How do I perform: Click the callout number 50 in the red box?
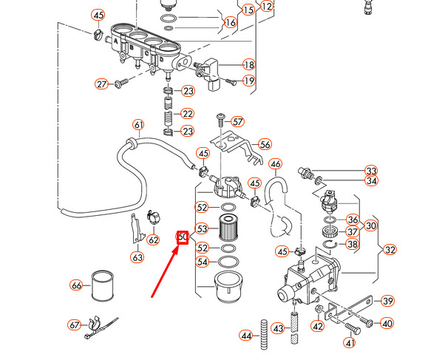[x=183, y=237]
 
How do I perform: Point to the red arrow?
[x=165, y=270]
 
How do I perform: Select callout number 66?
[x=76, y=285]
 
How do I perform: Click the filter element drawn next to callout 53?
[x=228, y=229]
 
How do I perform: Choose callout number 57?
[x=237, y=121]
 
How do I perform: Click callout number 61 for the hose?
[x=137, y=124]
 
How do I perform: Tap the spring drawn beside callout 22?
[x=169, y=114]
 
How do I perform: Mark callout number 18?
[x=248, y=65]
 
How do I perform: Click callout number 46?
[x=275, y=163]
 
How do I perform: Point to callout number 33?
[x=371, y=171]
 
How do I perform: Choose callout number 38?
[x=352, y=245]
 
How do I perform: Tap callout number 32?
[x=390, y=250]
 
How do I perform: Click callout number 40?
[x=387, y=323]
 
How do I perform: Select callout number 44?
[x=246, y=336]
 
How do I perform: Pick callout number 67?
[x=74, y=325]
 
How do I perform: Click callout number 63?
[x=137, y=257]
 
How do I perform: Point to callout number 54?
[x=202, y=262]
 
